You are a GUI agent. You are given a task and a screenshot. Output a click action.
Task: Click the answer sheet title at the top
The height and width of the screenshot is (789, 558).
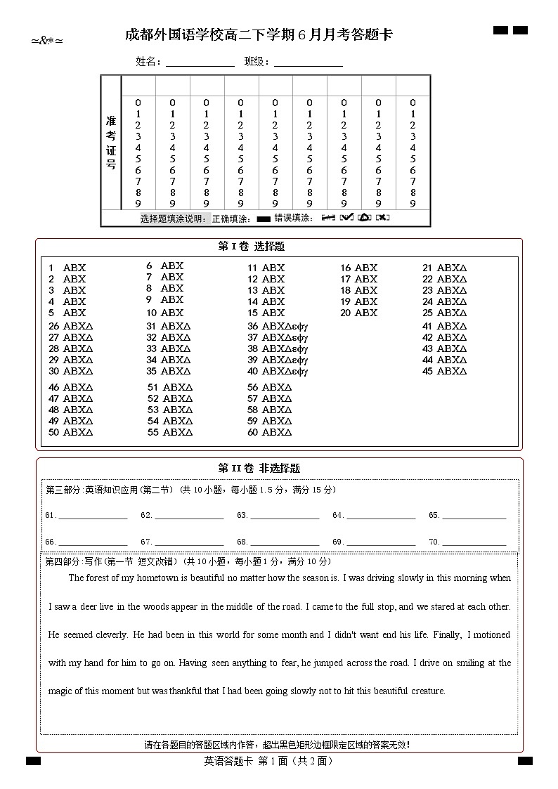(x=259, y=35)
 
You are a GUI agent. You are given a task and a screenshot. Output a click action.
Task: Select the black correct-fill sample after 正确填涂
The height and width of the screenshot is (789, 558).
(x=264, y=219)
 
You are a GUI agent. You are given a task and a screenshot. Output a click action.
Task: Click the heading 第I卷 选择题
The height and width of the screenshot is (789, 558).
(x=252, y=247)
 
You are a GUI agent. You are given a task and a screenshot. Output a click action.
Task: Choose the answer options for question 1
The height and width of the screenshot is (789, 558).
(x=74, y=268)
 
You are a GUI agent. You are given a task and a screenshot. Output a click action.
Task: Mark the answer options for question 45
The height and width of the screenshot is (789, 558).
(x=452, y=371)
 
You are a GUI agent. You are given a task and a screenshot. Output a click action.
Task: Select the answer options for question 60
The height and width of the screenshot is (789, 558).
(x=277, y=432)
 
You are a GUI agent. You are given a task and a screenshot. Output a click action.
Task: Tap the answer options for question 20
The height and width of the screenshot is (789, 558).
(x=366, y=313)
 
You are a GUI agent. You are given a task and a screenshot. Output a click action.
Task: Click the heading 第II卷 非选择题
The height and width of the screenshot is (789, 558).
(x=259, y=468)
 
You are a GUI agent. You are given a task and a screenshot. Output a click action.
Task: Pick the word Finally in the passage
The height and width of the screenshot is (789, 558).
(x=447, y=634)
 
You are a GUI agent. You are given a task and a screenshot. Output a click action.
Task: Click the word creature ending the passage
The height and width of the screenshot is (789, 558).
(x=427, y=691)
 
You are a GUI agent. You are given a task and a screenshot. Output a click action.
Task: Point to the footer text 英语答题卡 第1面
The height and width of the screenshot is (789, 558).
(x=268, y=761)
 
